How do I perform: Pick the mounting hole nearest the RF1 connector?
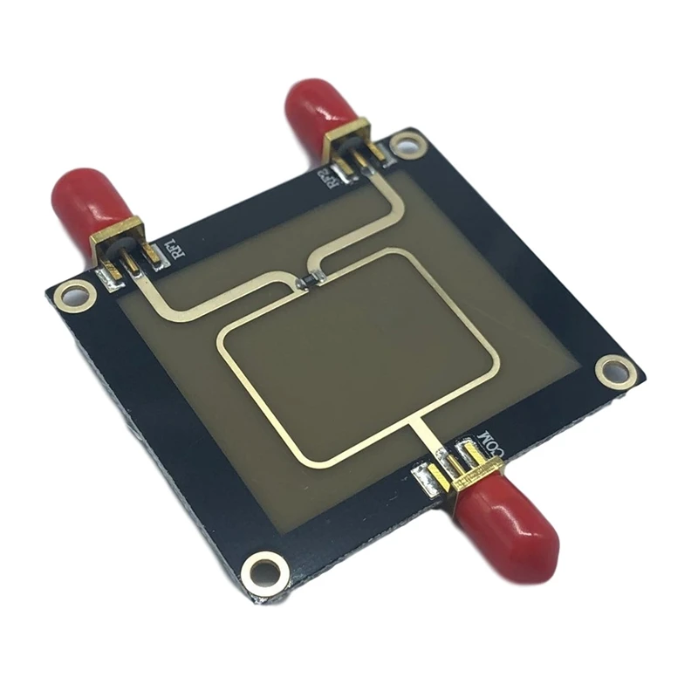coord(71,297)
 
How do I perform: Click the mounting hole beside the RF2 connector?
coord(407,144)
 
